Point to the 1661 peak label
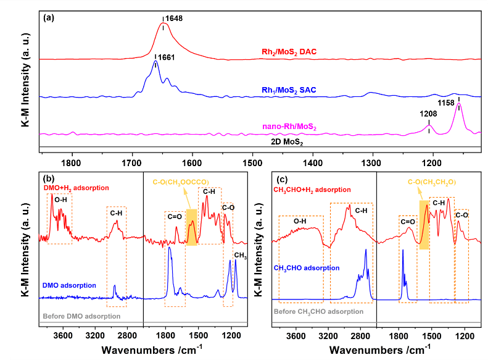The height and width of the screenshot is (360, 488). click(x=166, y=57)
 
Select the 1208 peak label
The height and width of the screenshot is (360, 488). click(x=429, y=114)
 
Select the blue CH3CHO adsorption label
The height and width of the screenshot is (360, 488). click(x=306, y=268)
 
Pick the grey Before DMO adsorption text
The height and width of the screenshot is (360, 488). click(x=80, y=316)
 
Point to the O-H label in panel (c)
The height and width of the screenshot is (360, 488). click(x=299, y=220)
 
